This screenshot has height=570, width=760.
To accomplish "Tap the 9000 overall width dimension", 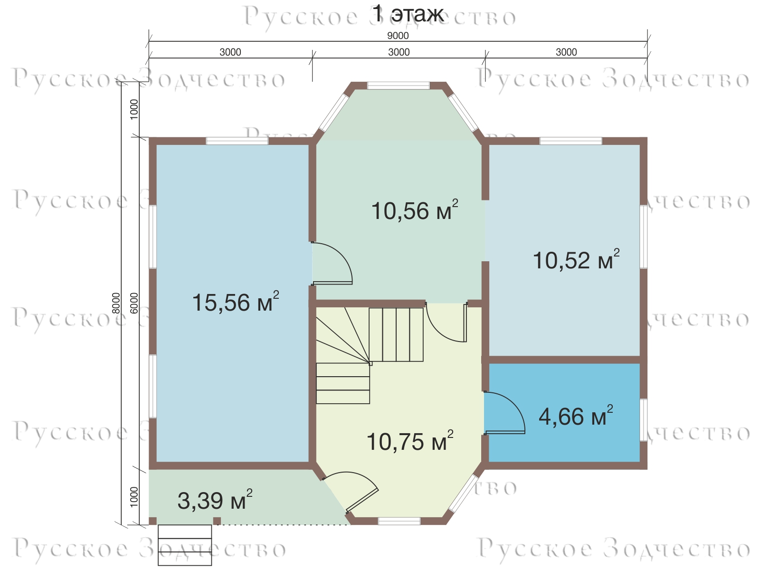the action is (x=398, y=36).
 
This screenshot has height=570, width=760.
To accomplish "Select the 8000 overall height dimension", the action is (x=116, y=303).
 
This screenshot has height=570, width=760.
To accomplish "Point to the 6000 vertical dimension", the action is (x=134, y=303).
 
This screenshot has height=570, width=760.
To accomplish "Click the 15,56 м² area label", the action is (x=236, y=302).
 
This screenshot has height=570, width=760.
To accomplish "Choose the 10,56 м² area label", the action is (x=415, y=210).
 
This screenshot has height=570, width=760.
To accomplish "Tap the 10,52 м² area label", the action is (x=576, y=259).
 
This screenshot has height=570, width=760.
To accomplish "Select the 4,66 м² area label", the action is (x=576, y=416).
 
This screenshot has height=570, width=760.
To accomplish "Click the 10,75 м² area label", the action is (x=409, y=441).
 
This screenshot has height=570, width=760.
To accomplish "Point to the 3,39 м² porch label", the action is (x=215, y=500).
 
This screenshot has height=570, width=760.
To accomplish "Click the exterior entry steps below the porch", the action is (x=185, y=545).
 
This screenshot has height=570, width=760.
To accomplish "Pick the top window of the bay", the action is (x=398, y=85).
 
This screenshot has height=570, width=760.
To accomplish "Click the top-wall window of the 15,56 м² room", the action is (x=237, y=141).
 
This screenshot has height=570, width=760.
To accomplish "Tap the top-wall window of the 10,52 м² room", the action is (x=570, y=141).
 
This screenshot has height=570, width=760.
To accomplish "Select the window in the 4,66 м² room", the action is (x=643, y=420).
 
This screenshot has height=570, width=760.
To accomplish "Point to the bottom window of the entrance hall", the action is (x=399, y=521).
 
